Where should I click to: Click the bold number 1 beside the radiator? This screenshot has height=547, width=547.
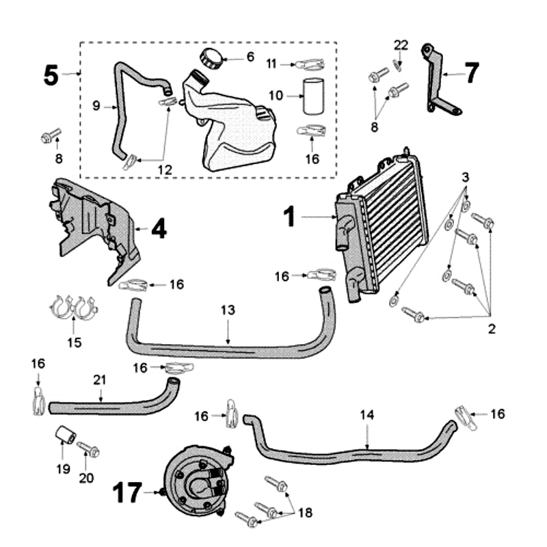tap(290, 217)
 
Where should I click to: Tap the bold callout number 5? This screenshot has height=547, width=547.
tap(51, 75)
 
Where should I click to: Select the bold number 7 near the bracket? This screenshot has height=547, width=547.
tap(472, 72)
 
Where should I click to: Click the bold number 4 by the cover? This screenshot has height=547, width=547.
tap(159, 228)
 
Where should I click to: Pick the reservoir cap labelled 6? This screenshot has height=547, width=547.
tap(207, 57)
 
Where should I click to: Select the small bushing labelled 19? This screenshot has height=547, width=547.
tap(65, 436)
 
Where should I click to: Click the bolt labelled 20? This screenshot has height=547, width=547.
tap(89, 450)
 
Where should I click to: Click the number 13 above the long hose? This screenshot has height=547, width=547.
tap(228, 310)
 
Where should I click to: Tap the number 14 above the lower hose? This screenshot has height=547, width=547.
tap(367, 414)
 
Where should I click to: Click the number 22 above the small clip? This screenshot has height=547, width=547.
tap(401, 45)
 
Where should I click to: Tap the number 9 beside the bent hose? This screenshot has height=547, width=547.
tap(96, 106)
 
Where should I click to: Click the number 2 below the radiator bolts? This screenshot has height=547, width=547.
tap(491, 329)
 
